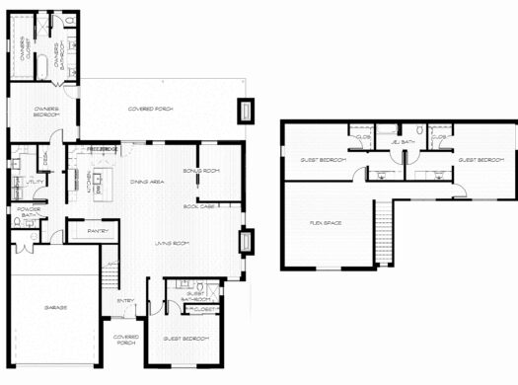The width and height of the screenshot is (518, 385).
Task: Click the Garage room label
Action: pos(55,308)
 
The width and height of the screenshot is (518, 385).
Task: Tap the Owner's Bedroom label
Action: pos(45,111)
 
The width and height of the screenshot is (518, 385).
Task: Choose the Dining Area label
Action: pos(146,181)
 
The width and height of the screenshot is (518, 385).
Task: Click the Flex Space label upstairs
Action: pos(326,223)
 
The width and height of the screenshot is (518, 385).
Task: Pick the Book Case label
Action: pos(198,206)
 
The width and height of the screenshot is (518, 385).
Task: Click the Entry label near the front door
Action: pos(125,301)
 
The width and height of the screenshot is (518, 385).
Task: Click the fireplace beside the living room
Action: pos(247,242)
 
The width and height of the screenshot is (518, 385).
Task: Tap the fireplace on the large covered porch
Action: pos(245,110)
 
